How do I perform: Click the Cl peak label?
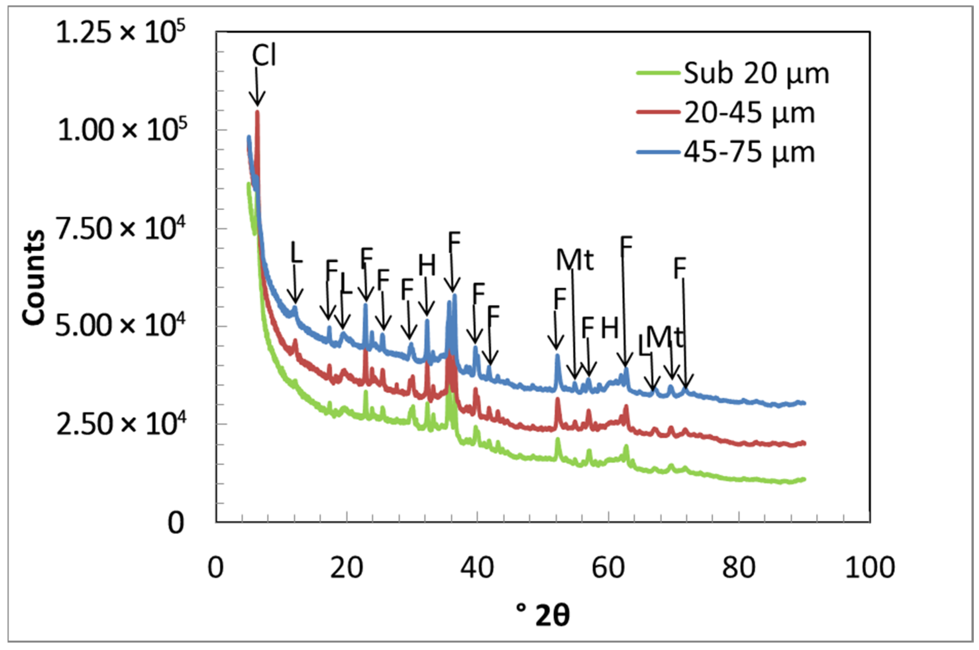click(x=263, y=56)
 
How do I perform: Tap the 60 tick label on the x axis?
click(x=608, y=567)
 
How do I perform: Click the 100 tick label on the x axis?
click(x=870, y=567)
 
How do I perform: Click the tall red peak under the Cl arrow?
click(x=257, y=113)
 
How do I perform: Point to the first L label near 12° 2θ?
click(x=296, y=252)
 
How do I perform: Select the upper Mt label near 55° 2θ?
click(x=574, y=260)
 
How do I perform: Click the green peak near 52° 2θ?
click(x=558, y=439)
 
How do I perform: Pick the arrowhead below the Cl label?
click(x=257, y=101)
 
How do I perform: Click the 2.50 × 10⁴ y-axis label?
click(x=120, y=425)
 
